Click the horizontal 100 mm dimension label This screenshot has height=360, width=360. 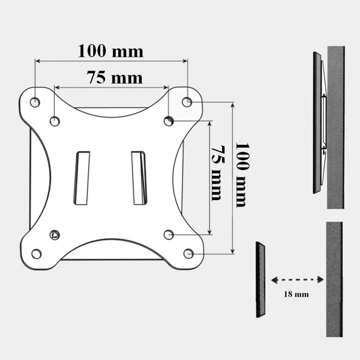pos(111,51)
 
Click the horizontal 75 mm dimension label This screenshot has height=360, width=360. pos(114,77)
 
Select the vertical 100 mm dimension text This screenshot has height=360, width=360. pos(241,174)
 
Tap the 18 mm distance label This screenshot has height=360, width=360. pos(296,295)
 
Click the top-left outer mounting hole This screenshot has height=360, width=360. pos(35,101)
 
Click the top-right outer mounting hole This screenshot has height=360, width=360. pos(187,101)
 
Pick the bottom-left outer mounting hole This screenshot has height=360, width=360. pos(36,254)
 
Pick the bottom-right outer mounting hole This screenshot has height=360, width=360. pos(188,254)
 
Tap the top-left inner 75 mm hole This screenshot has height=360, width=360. pos(55,121)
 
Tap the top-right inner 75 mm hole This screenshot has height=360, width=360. pos(169,121)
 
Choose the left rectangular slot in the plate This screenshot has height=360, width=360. pos(82,178)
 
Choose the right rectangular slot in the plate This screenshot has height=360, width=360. pos(139,178)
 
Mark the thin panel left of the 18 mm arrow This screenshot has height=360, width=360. pos(261,279)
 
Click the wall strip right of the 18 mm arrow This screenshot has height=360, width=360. pos(334,279)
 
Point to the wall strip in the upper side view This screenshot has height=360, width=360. pos(335,127)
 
